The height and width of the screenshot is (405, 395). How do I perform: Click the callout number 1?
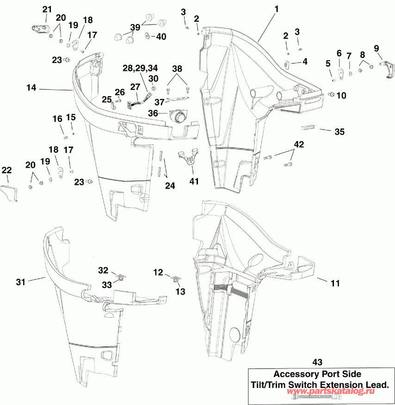[276, 9]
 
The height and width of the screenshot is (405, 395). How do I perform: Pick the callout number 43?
[318, 362]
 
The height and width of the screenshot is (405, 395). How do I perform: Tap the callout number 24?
[170, 186]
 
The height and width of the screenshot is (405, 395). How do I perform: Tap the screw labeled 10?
[331, 94]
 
